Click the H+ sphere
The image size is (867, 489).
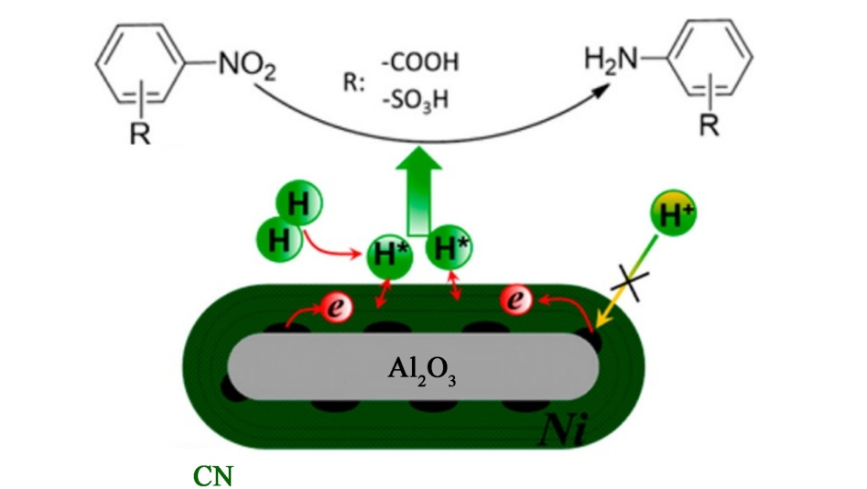(x=671, y=215)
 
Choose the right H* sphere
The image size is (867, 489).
(x=450, y=247)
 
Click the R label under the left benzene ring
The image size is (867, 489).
(x=135, y=131)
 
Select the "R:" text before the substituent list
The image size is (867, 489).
(x=353, y=81)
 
